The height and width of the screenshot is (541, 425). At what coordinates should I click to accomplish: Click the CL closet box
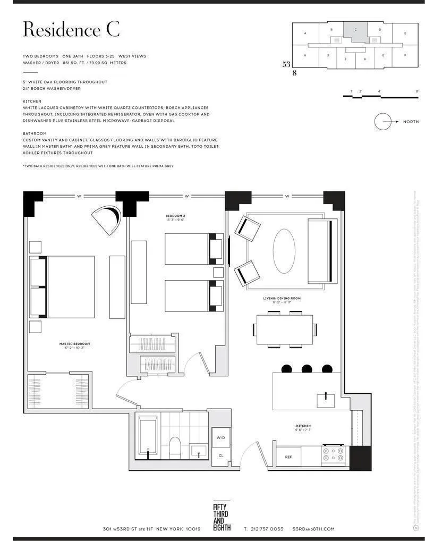click(x=220, y=455)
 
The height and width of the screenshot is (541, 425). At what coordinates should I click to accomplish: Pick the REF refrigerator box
click(x=288, y=457)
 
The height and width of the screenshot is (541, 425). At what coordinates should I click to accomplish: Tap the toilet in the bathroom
click(x=175, y=448)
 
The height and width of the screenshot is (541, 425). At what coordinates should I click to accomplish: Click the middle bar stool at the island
click(x=307, y=369)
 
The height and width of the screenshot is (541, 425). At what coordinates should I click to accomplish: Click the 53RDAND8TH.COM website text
click(x=313, y=529)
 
